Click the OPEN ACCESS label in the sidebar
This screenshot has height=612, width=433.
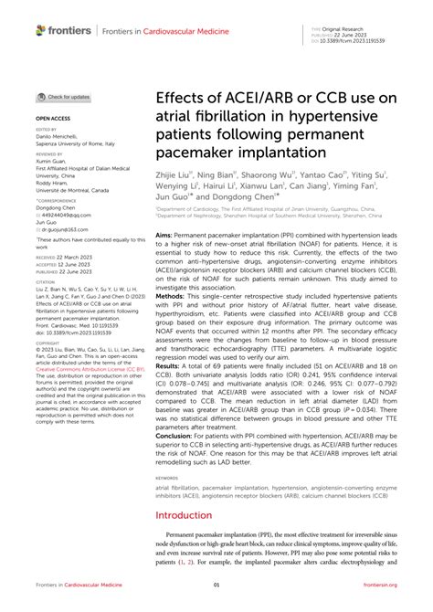[51, 120]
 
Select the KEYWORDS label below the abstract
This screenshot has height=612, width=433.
[169, 477]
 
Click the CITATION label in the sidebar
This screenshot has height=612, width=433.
[48, 283]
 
